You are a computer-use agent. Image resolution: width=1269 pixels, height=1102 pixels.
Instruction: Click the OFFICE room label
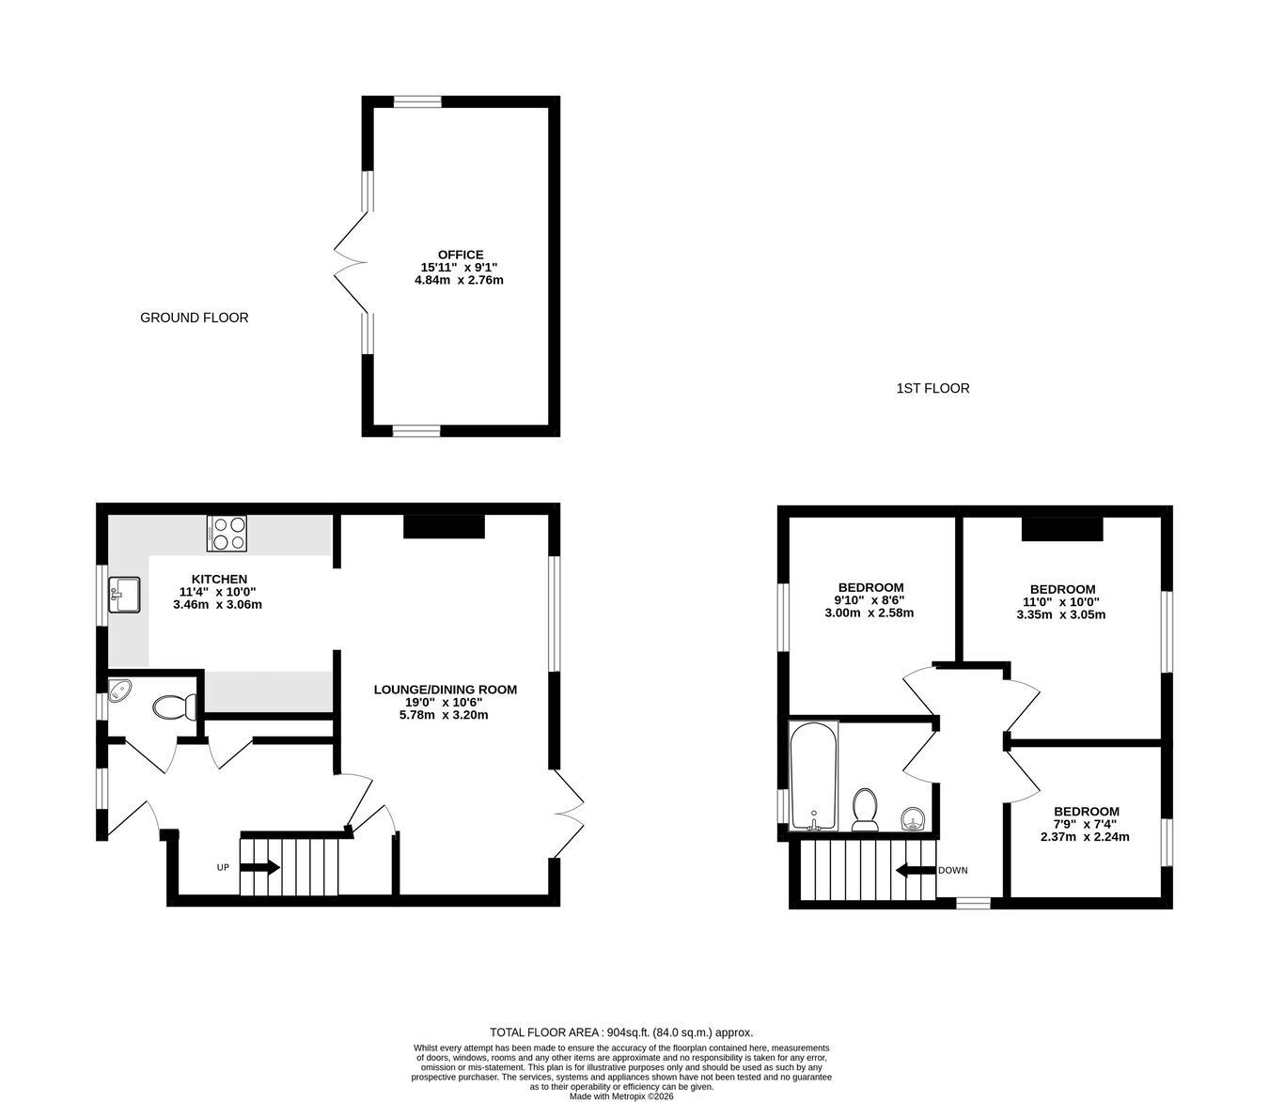461,255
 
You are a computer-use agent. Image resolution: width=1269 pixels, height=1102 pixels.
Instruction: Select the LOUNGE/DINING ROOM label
446,690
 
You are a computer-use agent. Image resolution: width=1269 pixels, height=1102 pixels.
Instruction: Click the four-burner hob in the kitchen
227,533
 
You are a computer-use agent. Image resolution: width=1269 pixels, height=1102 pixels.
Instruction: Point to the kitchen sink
124,595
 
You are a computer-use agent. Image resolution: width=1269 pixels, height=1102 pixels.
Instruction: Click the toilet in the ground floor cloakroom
175,706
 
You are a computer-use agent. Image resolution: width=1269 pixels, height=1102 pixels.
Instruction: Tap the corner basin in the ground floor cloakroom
118,690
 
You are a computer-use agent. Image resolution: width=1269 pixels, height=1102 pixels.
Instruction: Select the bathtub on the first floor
814,775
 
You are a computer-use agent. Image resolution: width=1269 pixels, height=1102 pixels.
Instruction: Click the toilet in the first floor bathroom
865,809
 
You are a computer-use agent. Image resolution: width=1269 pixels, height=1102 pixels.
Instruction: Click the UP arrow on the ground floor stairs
259,868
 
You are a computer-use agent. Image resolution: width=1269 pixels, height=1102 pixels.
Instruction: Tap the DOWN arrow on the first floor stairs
916,870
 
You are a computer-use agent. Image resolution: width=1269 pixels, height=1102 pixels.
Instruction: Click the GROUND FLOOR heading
195,318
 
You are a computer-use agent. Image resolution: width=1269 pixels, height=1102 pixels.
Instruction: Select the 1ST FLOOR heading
932,389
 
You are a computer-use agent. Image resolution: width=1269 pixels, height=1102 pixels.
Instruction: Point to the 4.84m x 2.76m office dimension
459,280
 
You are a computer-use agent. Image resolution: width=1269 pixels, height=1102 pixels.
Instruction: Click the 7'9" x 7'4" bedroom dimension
1085,824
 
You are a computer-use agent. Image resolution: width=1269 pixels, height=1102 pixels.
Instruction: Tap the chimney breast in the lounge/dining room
444,526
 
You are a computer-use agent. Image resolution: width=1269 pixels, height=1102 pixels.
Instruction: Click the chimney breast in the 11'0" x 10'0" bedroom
1062,529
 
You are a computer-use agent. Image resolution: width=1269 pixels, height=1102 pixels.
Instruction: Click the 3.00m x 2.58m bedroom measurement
869,613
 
